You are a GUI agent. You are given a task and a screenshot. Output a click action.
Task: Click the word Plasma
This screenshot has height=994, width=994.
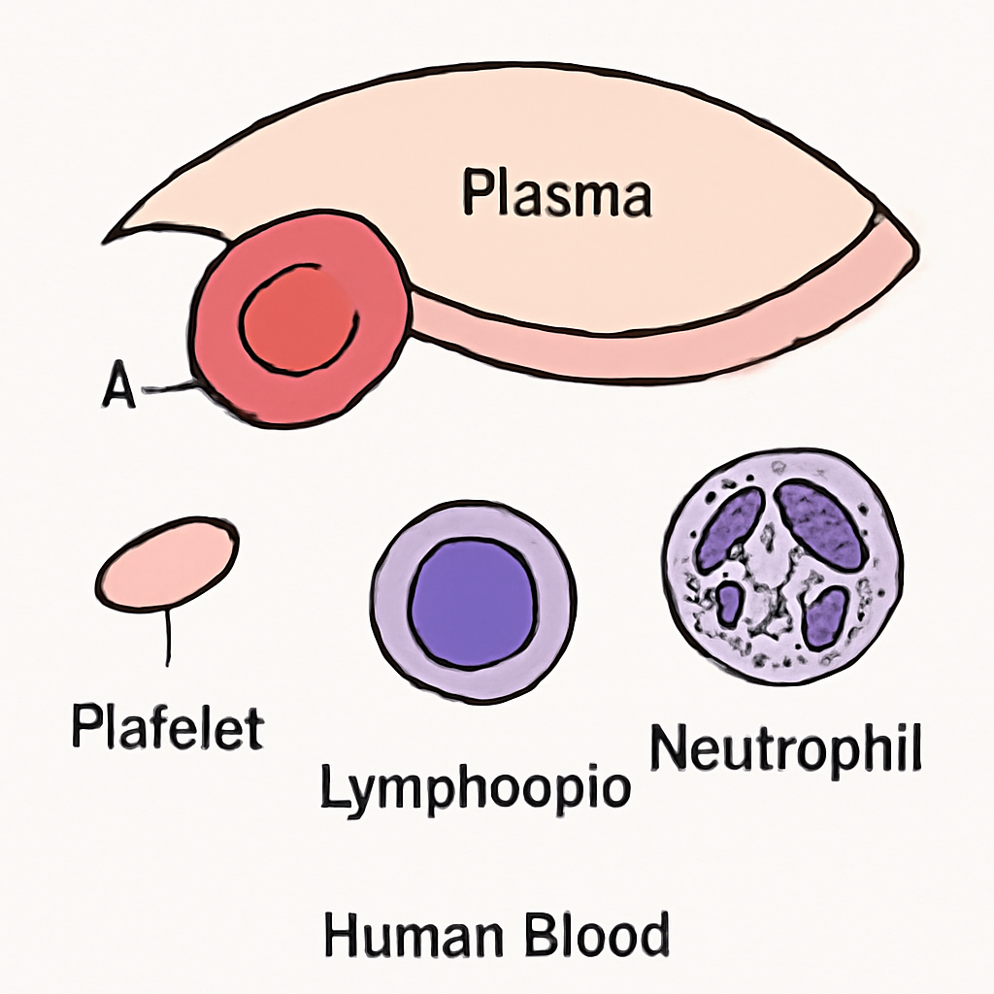tap(557, 192)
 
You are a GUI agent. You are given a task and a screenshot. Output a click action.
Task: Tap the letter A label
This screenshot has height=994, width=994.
tap(118, 384)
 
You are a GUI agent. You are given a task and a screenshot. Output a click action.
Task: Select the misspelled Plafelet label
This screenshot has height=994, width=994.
tap(168, 727)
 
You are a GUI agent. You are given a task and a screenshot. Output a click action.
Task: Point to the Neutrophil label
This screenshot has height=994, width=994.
tap(785, 748)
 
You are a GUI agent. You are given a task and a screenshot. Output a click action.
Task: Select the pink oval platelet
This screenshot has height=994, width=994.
tap(168, 564)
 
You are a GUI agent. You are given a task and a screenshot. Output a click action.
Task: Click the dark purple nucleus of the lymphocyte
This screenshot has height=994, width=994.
tap(473, 603)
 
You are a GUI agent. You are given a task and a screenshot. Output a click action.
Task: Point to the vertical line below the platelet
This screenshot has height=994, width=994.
tap(168, 638)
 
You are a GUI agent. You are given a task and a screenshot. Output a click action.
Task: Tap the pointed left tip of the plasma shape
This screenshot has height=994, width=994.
tap(105, 241)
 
